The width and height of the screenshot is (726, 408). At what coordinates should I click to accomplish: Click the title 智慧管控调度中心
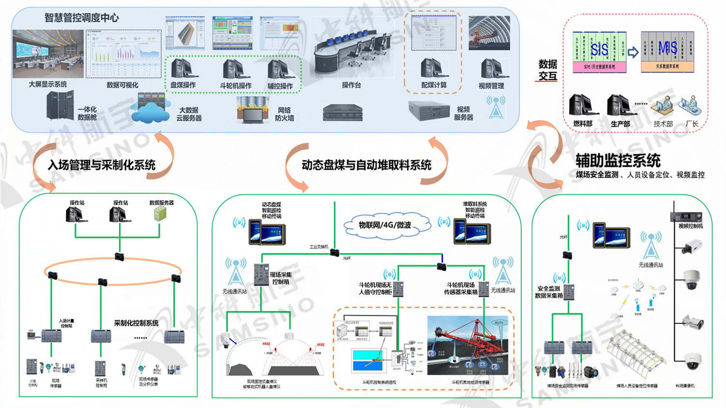point(81,18)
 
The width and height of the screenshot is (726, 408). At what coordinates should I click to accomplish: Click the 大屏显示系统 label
point(48,84)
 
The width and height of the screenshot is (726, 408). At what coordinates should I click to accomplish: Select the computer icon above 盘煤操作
point(183,69)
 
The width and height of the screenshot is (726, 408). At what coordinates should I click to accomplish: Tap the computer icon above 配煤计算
point(432,69)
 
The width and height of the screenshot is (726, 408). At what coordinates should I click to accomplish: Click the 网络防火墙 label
point(285,114)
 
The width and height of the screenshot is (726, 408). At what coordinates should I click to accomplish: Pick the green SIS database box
point(599,52)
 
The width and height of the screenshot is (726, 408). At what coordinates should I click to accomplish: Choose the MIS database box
point(667,52)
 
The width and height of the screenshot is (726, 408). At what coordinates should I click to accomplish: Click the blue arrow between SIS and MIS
point(633,52)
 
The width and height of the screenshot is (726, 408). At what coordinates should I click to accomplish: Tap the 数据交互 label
point(548,70)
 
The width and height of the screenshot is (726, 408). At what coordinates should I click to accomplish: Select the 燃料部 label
point(583,124)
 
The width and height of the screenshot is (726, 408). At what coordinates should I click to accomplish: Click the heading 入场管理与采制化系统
point(102,165)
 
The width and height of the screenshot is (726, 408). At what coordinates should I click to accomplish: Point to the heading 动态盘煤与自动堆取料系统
point(366,165)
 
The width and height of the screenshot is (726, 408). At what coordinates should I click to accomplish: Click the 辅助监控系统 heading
point(618,160)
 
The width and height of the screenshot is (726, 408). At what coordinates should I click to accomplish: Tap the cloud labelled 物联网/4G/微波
point(385,225)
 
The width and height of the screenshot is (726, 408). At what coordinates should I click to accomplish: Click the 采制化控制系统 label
point(136,323)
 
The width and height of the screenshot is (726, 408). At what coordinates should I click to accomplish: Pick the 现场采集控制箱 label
point(280,278)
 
